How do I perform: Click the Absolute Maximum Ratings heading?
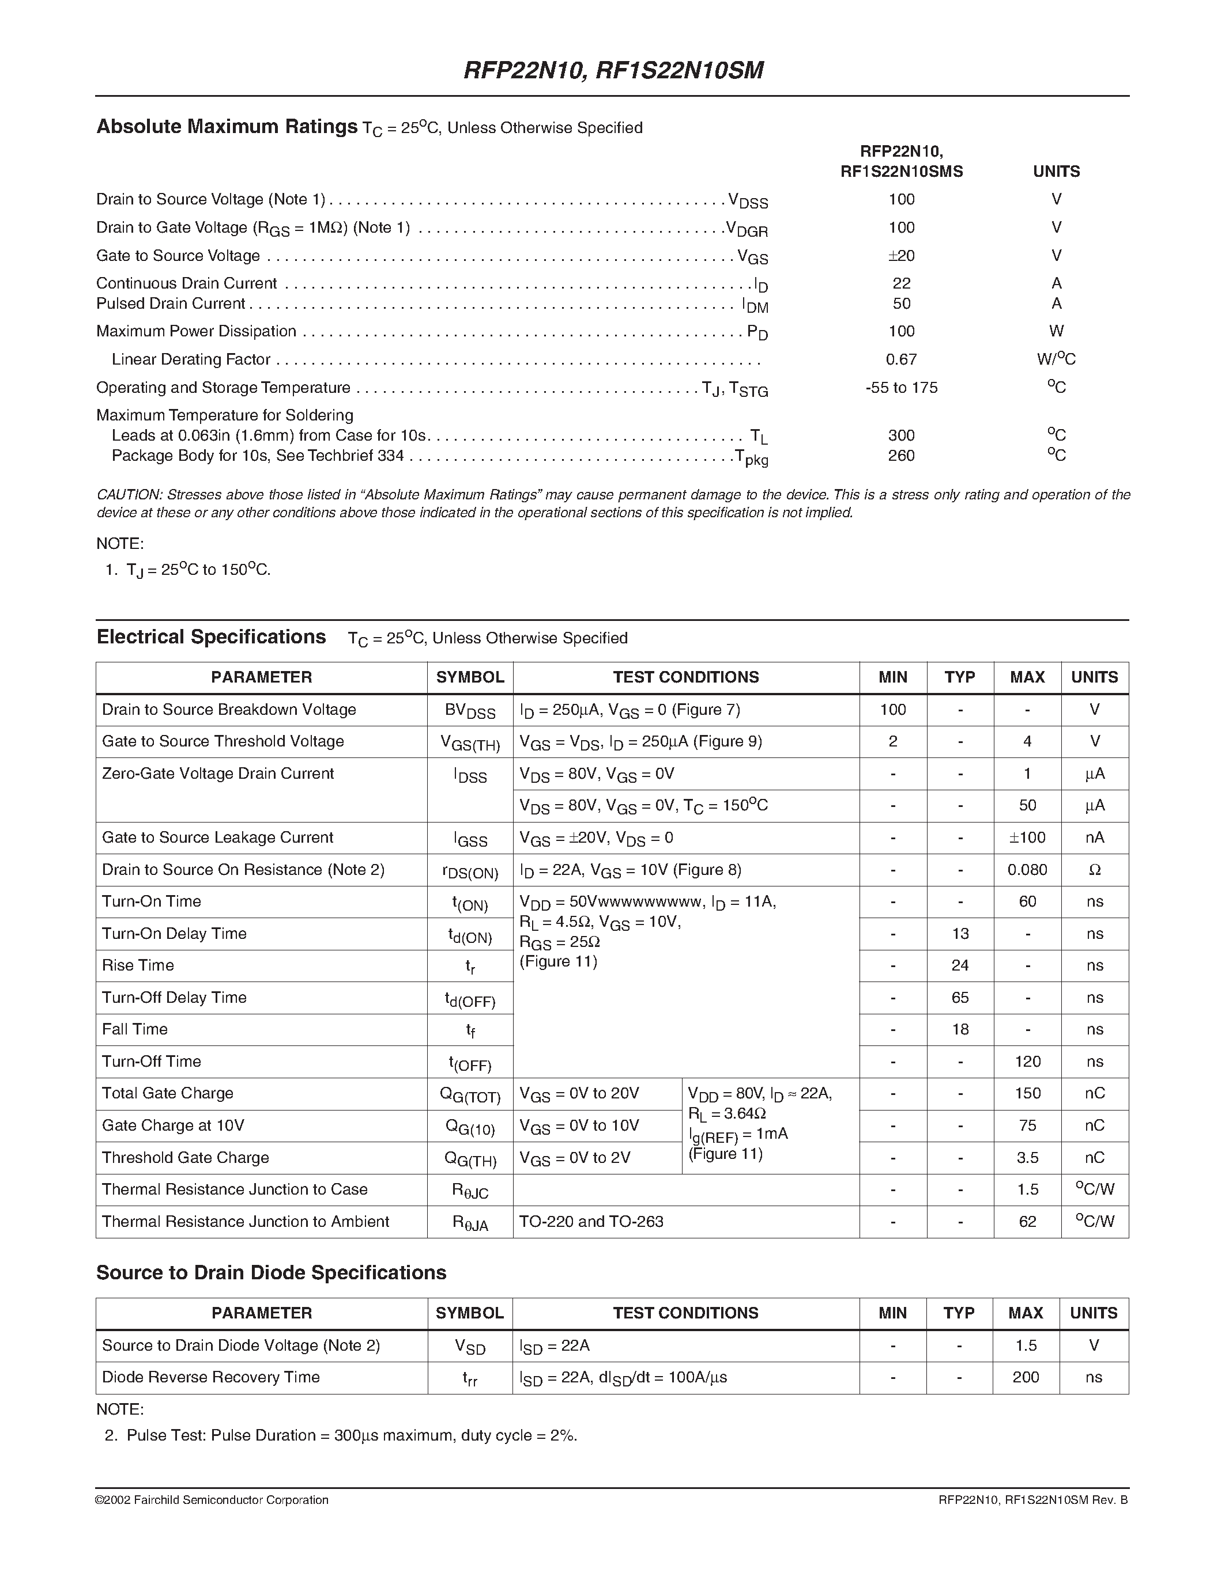coord(227,127)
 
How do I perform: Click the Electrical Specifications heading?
coord(211,637)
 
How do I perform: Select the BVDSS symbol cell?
coord(469,711)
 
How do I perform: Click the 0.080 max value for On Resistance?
coord(1027,870)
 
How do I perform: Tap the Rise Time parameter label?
coord(138,965)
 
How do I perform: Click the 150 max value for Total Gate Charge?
coord(1027,1093)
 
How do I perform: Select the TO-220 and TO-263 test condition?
coord(591,1221)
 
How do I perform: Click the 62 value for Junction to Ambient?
coord(1027,1221)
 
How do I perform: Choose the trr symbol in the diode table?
coord(469,1378)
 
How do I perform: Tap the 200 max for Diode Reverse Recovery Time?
coord(1026,1377)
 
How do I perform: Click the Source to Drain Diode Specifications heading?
coord(271,1272)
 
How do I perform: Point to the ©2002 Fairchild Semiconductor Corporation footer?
coord(212,1500)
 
